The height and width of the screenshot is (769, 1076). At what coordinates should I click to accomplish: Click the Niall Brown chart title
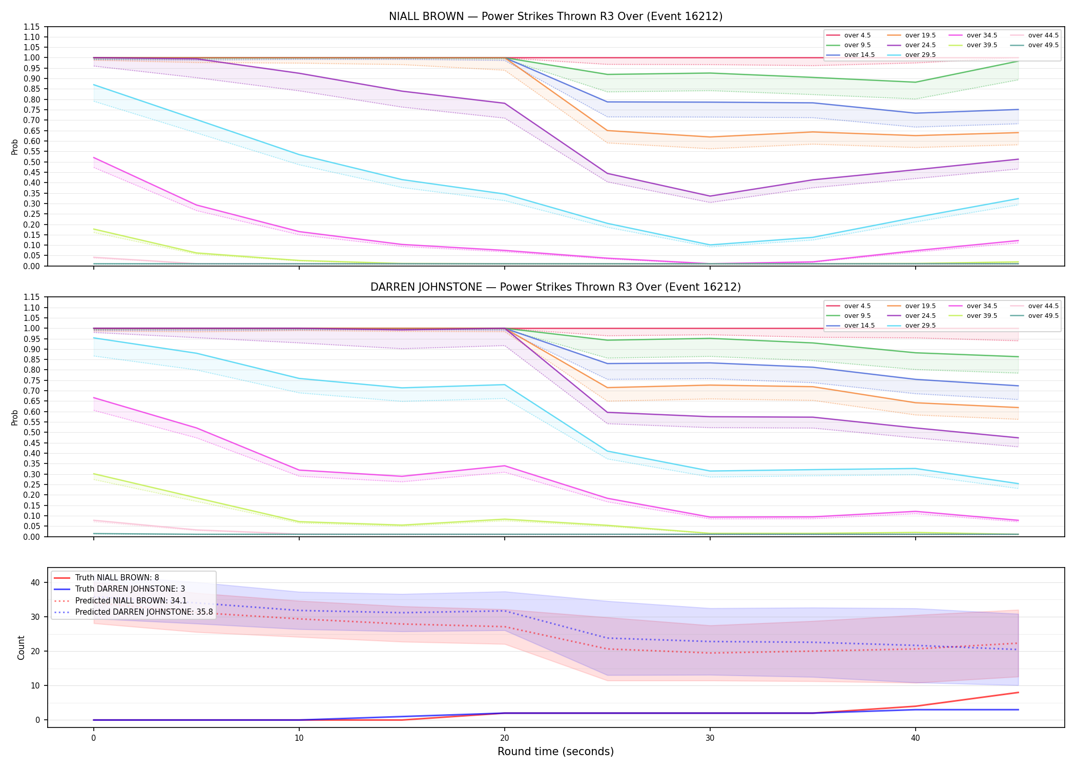pyautogui.click(x=555, y=16)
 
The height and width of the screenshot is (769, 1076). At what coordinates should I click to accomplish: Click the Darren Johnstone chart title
pyautogui.click(x=555, y=287)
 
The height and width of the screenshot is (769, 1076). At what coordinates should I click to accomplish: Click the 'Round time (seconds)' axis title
pyautogui.click(x=555, y=752)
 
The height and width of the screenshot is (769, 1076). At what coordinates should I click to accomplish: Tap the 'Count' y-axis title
pyautogui.click(x=21, y=647)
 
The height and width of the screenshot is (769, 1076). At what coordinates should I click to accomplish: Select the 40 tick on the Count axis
pyautogui.click(x=35, y=583)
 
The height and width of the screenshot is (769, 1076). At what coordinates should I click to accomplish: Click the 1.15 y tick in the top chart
pyautogui.click(x=32, y=27)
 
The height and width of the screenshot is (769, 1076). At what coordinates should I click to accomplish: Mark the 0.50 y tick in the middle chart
pyautogui.click(x=32, y=433)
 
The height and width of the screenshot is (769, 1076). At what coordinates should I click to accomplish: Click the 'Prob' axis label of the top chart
pyautogui.click(x=15, y=147)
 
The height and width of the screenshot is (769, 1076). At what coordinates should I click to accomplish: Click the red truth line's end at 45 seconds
pyautogui.click(x=1018, y=693)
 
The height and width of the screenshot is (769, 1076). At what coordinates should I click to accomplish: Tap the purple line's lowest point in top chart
pyautogui.click(x=710, y=196)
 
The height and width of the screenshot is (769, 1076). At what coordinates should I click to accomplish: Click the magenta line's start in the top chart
pyautogui.click(x=93, y=157)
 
